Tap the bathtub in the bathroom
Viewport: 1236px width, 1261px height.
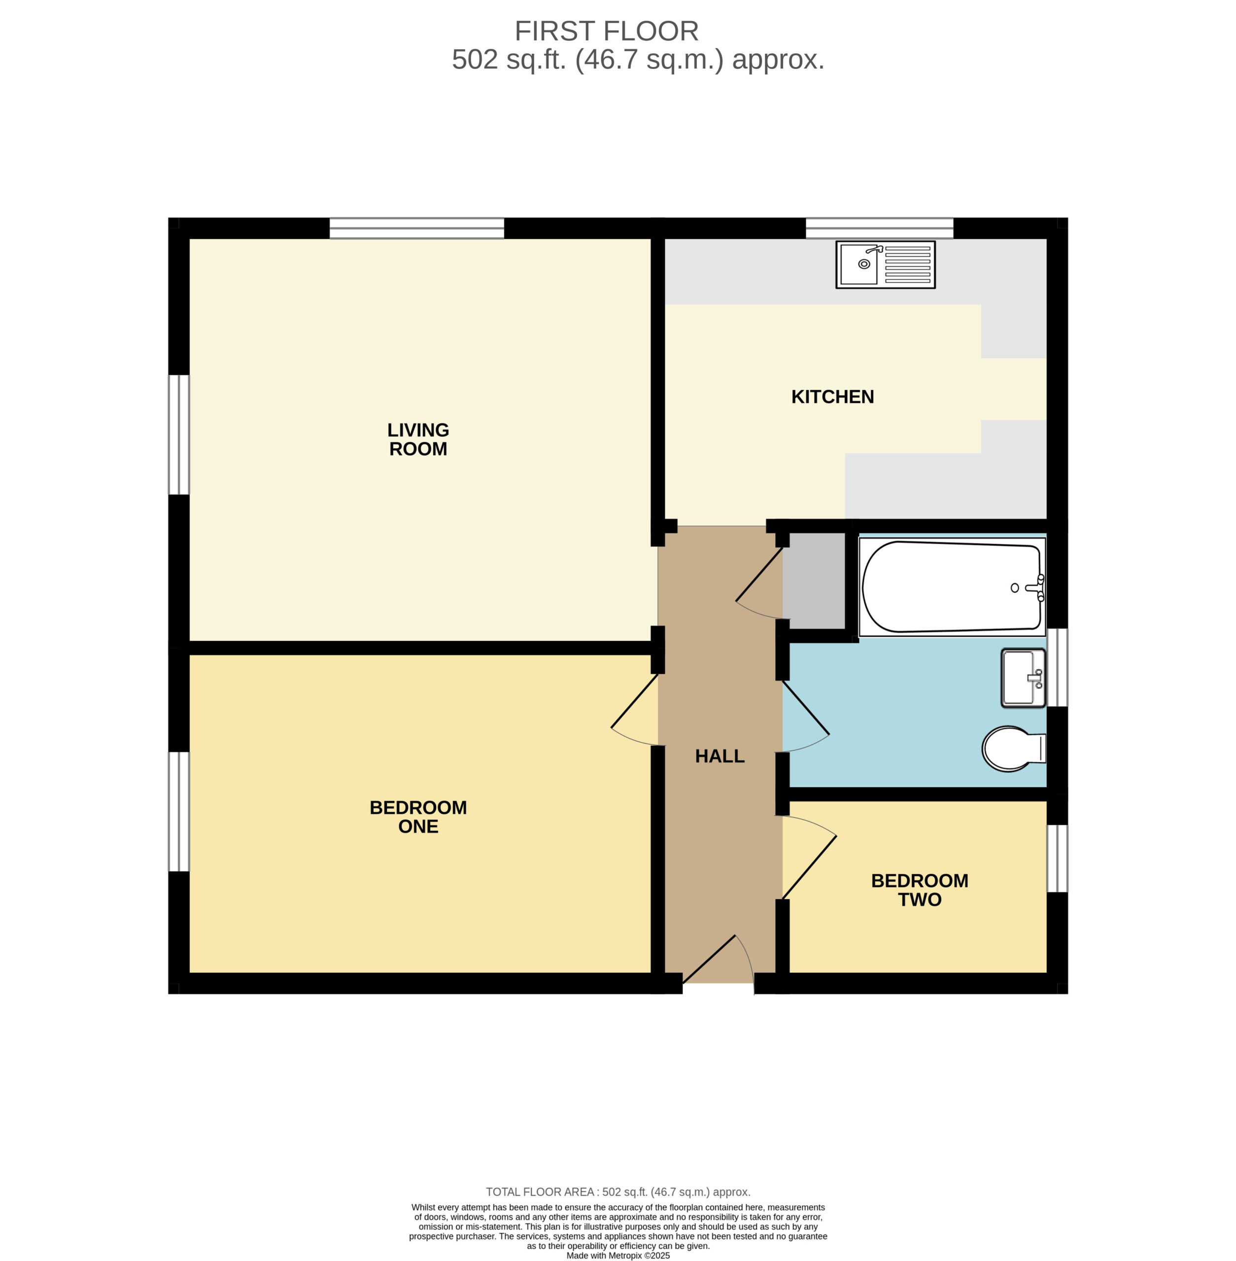(952, 587)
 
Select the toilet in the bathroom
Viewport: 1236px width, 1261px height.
(1013, 748)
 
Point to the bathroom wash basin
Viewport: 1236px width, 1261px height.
(1024, 678)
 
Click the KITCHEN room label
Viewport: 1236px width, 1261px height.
(832, 397)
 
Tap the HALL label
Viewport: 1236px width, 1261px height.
(720, 756)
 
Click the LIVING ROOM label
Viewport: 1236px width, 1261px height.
(418, 439)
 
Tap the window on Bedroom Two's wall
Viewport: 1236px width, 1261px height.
(1058, 859)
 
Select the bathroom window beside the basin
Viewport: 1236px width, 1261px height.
(1058, 667)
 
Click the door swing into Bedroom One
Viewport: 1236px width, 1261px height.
(635, 710)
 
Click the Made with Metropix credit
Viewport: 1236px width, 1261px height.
(618, 1255)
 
